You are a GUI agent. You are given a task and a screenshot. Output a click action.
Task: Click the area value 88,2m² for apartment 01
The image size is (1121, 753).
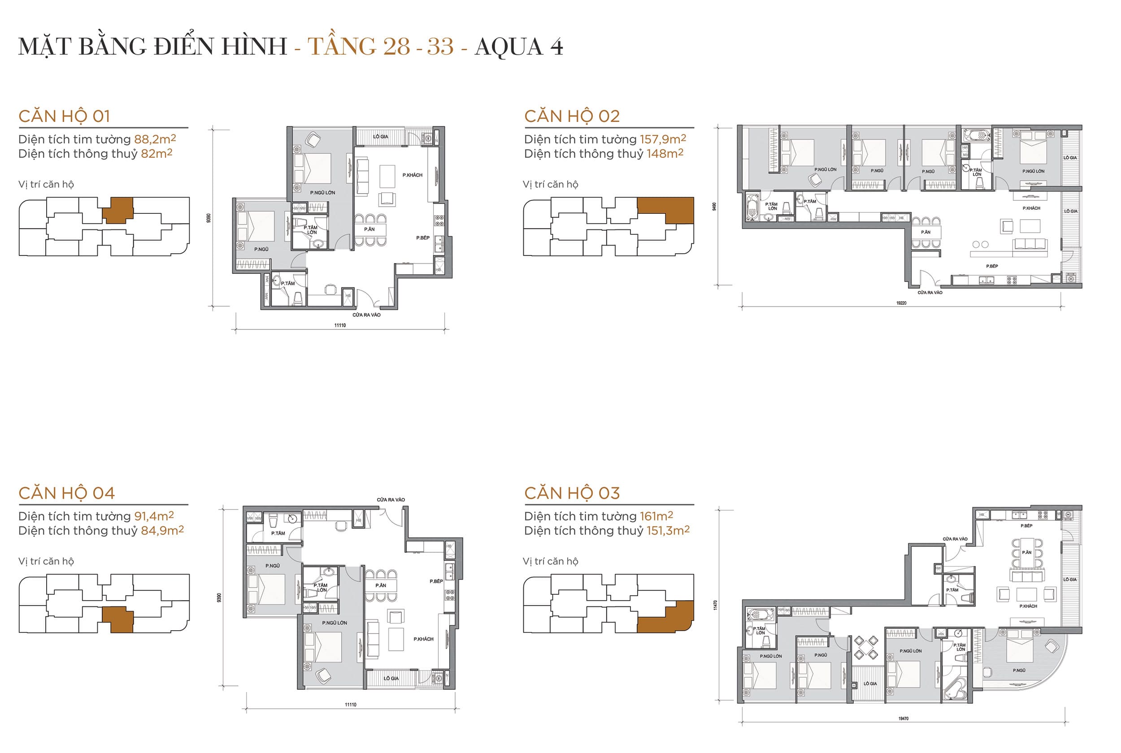tap(155, 139)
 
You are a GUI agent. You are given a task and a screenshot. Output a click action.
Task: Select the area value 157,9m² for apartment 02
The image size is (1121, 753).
tap(662, 139)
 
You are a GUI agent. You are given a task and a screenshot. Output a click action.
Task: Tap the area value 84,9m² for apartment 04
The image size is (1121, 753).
tap(162, 531)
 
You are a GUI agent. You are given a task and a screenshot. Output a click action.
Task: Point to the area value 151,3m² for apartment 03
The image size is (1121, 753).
tap(668, 531)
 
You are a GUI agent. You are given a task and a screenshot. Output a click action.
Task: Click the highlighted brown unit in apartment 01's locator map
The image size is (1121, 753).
tap(117, 210)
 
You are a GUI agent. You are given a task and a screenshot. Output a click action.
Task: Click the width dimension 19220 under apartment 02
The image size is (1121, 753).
tap(900, 303)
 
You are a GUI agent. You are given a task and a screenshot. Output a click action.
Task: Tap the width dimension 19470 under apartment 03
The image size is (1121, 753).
tap(903, 718)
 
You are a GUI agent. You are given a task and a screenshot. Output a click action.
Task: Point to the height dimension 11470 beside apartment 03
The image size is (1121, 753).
tap(715, 605)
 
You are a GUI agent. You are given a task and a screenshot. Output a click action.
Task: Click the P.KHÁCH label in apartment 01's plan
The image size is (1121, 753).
tap(412, 175)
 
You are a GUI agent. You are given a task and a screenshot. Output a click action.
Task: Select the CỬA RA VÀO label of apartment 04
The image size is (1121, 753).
tap(391, 500)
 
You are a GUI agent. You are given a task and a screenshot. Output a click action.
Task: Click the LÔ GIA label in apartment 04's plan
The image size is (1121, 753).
tap(391, 679)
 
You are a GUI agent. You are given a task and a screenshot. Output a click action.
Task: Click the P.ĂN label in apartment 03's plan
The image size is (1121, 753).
tap(1026, 553)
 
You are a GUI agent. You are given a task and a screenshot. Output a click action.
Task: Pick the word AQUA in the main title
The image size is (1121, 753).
tap(508, 47)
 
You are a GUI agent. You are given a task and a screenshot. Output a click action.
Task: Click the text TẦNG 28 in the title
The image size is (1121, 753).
tap(358, 47)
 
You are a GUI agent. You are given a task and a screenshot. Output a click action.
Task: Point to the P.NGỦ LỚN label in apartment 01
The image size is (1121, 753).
tap(322, 193)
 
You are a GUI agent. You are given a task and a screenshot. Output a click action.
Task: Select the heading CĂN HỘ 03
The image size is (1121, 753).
tap(572, 493)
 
